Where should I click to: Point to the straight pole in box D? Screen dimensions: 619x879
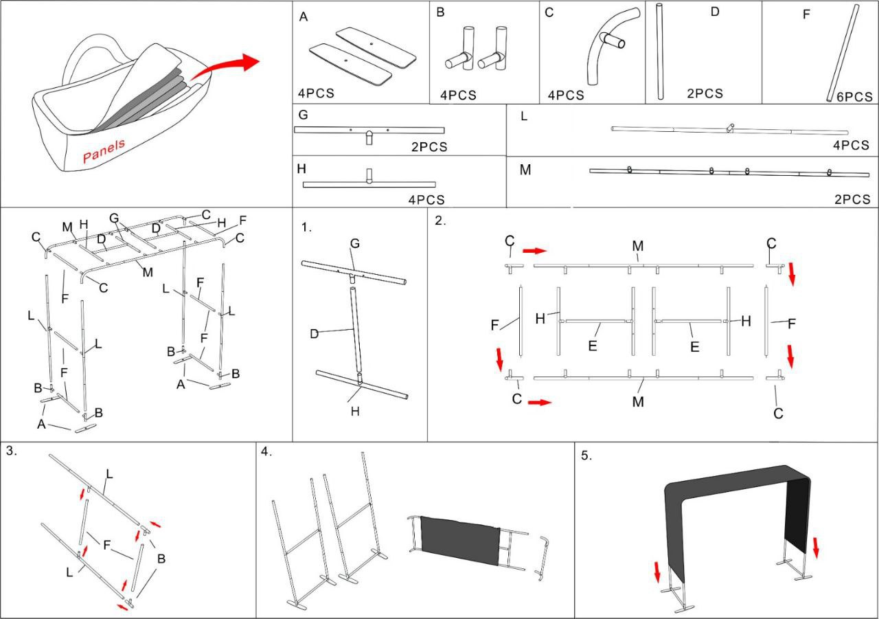(x=661, y=52)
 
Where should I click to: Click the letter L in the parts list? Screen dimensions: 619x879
(x=524, y=116)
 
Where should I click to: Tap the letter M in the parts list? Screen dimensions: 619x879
(x=525, y=170)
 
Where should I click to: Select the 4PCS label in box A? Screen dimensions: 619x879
(x=316, y=93)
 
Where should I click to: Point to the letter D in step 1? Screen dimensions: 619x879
(x=314, y=334)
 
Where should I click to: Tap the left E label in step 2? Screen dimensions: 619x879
(x=592, y=346)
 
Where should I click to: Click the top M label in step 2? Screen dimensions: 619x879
(x=638, y=245)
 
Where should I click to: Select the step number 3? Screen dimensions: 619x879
(x=12, y=451)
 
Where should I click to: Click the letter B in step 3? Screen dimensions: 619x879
(x=161, y=559)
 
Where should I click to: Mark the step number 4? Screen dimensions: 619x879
(x=266, y=451)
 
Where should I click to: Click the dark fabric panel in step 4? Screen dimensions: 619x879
(x=459, y=539)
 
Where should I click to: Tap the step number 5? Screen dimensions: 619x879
(x=586, y=455)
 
